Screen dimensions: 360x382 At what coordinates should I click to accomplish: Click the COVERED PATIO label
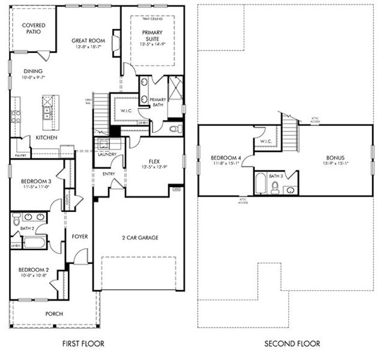click(31, 28)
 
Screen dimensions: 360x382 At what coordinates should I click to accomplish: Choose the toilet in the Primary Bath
click(175, 128)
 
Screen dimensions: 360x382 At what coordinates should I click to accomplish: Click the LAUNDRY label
click(106, 154)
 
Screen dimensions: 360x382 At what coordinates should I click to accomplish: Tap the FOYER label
click(80, 236)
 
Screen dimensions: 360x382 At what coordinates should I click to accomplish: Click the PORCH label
click(54, 313)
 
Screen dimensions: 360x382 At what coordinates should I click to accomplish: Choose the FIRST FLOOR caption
click(83, 344)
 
